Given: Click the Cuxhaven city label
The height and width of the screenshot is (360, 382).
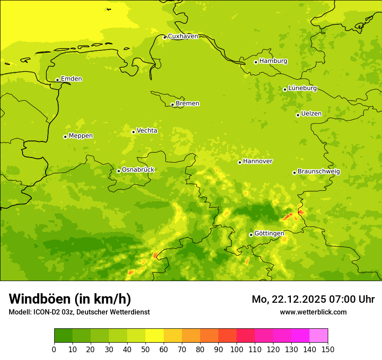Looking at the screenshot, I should (x=183, y=36).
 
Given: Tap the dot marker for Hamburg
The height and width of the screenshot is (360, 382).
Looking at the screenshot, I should (x=256, y=62).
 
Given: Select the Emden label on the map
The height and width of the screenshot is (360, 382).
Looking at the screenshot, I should (x=71, y=79).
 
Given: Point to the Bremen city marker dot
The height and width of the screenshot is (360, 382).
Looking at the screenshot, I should (x=172, y=105).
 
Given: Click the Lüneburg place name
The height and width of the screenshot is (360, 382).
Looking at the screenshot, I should (x=303, y=88).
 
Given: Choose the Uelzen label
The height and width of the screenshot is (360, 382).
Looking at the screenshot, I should (x=311, y=114).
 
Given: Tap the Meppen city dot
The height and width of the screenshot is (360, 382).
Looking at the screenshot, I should (x=65, y=137).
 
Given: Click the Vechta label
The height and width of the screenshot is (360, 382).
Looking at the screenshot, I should (x=147, y=131).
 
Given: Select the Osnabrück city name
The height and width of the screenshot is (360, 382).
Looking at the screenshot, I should (x=138, y=170).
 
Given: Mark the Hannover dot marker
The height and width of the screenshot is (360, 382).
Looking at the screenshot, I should (x=240, y=162).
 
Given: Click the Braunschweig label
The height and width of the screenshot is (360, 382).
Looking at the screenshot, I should (x=319, y=171).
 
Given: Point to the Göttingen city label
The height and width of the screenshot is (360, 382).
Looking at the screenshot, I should (x=269, y=233).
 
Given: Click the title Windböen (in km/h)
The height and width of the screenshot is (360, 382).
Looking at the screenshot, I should (x=70, y=299).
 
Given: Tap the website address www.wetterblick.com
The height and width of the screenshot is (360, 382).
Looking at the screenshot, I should (x=313, y=312).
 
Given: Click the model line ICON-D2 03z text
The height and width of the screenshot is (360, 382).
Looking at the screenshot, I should (x=52, y=312).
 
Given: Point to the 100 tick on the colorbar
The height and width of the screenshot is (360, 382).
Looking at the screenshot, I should (x=237, y=349).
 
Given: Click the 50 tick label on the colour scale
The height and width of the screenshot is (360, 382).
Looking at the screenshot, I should (x=145, y=349).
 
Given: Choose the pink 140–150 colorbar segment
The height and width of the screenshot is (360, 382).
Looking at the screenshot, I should (x=319, y=336).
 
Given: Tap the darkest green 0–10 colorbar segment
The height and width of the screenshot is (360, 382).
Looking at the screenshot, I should (x=63, y=336).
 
